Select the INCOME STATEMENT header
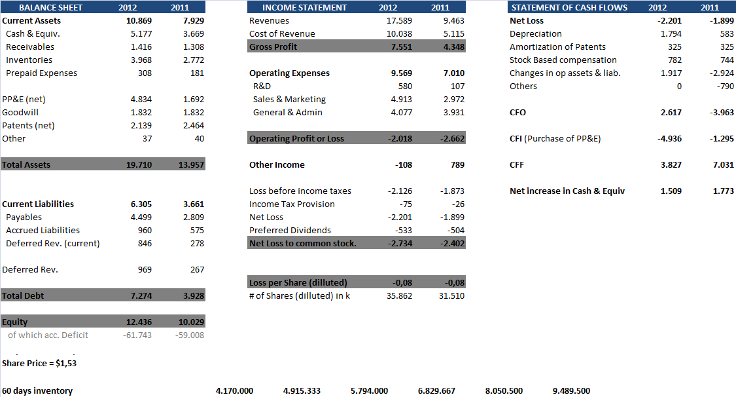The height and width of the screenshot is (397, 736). tap(304, 8)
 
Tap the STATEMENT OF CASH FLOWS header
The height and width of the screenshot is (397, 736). tap(569, 8)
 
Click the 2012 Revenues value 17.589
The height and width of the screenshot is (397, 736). tap(400, 21)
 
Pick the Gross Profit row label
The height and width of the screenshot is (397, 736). tap(273, 47)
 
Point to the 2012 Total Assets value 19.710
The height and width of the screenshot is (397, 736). tap(139, 165)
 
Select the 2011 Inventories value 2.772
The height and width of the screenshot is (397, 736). tap(193, 60)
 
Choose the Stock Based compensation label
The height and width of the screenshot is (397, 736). tap(563, 60)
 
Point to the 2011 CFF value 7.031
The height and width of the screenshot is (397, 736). tap(722, 165)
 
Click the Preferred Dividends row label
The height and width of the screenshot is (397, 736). tap(290, 231)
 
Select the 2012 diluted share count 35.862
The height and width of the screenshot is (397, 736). tap(400, 296)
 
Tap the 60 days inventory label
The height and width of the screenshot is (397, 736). tap(37, 391)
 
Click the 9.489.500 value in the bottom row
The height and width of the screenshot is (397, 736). tap(571, 391)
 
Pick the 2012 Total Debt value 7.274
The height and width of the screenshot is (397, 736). tap(141, 296)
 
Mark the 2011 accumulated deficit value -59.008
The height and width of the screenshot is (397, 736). tap(190, 335)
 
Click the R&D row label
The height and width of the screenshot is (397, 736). tap(262, 86)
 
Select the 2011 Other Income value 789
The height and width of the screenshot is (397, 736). tap(457, 165)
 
